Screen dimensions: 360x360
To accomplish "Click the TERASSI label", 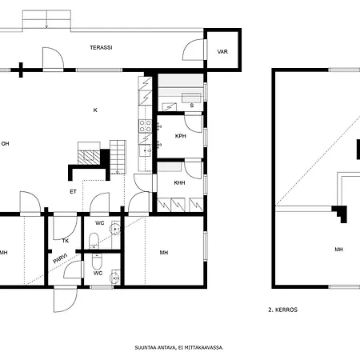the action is coord(101,48).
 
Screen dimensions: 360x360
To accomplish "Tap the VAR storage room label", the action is coord(222,52).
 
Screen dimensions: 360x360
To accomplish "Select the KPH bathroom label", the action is coord(181,136).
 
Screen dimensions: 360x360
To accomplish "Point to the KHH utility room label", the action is coord(179,183).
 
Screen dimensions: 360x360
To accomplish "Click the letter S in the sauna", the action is coord(192,106).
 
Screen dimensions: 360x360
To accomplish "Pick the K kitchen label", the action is coord(95,110).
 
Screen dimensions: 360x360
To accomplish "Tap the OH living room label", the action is coord(5,144).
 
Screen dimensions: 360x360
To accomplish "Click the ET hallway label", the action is coord(73,192).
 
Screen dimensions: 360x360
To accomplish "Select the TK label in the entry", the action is coord(66,241).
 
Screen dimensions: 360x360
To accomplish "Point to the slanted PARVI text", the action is coord(61,258).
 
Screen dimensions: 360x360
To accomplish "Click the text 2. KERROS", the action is coord(283,310).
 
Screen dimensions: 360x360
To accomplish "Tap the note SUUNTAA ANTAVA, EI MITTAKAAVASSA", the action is coord(179,348).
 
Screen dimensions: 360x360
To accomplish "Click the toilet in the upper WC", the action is coord(94,241).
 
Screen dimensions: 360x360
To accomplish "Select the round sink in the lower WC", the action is coord(115,278).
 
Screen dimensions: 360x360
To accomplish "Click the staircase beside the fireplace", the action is coord(118,157).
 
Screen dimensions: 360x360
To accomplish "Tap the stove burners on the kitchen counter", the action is coord(146,126).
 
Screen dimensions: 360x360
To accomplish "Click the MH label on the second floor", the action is coord(338,250).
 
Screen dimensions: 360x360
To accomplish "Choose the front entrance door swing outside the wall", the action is coord(66,299).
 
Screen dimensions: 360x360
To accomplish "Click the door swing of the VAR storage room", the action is coord(194,50).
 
